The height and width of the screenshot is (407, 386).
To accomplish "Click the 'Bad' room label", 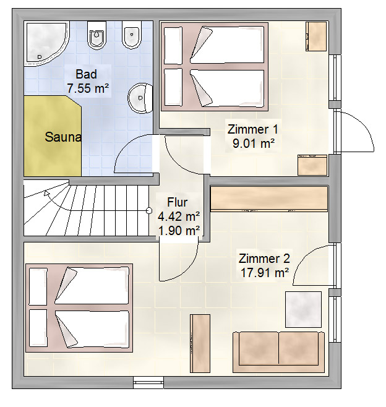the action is [x=86, y=74].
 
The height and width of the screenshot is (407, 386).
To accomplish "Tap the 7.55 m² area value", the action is [x=88, y=88].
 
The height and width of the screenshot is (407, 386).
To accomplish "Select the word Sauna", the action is [x=63, y=137].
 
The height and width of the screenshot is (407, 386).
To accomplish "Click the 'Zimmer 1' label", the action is [x=252, y=129].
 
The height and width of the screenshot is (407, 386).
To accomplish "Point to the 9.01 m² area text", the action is [x=254, y=144].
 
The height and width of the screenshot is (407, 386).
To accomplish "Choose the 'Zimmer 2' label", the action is [x=264, y=259].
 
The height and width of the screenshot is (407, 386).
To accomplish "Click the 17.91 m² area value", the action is [x=265, y=273].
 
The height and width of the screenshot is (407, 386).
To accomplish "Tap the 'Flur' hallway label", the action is [x=178, y=202].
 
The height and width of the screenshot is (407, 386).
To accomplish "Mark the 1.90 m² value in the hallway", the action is [x=179, y=231].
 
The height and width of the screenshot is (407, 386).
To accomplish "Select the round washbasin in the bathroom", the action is [x=140, y=98].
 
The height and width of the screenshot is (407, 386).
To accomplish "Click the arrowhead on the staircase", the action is [x=47, y=194].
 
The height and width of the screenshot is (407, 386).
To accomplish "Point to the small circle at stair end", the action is [x=149, y=210].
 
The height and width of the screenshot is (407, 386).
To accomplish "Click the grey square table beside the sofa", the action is [x=304, y=309].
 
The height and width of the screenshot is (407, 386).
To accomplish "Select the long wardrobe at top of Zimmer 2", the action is [x=269, y=199].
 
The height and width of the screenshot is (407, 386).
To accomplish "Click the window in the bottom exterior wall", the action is [x=148, y=383].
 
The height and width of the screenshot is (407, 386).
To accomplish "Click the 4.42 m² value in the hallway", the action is [x=179, y=216].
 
